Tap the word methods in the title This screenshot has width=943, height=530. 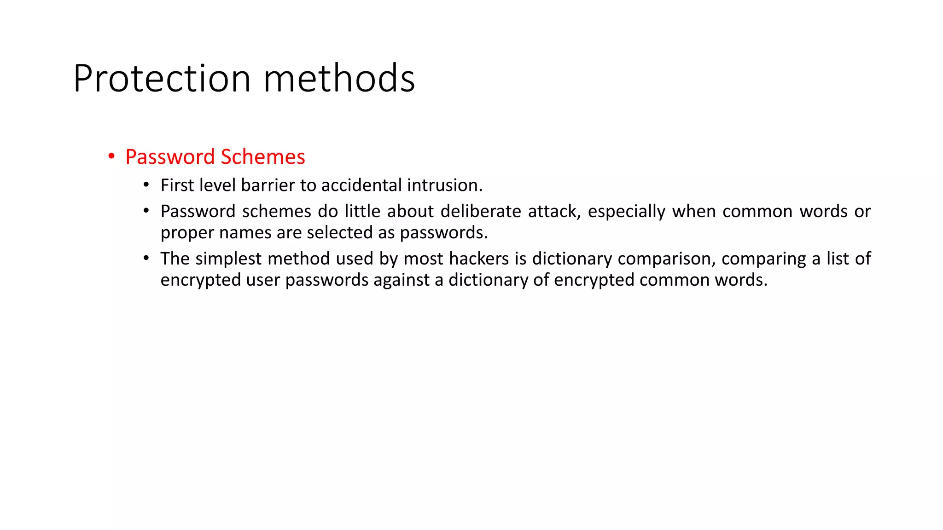pyautogui.click(x=339, y=79)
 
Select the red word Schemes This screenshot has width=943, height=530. pyautogui.click(x=262, y=157)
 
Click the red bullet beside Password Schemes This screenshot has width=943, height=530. pyautogui.click(x=111, y=157)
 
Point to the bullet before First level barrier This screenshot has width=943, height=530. pyautogui.click(x=146, y=185)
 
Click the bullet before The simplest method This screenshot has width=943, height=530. pyautogui.click(x=146, y=259)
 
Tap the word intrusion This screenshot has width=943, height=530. pyautogui.click(x=445, y=185)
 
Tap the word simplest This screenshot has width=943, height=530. pyautogui.click(x=228, y=259)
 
